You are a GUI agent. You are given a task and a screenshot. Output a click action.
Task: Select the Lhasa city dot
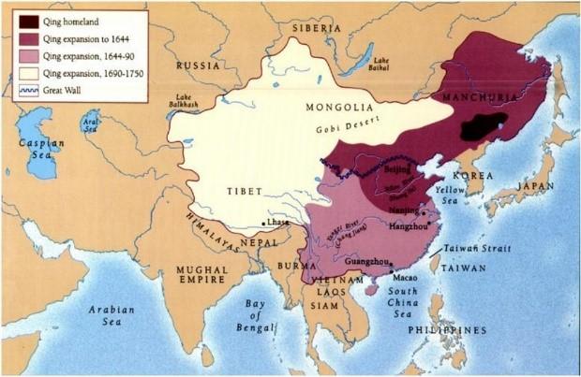click(x=262, y=225)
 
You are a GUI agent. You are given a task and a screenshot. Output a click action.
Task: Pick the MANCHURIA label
click(x=488, y=95)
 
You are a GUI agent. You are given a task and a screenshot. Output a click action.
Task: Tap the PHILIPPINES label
click(x=454, y=330)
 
